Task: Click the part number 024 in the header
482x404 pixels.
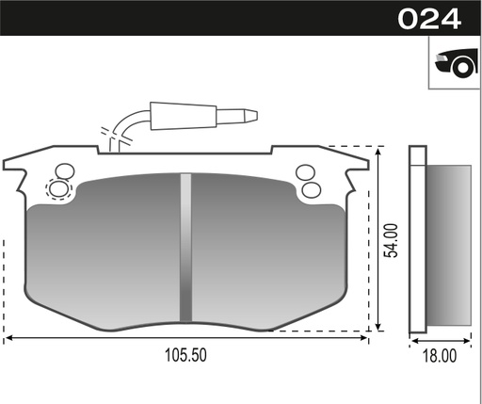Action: point(429,19)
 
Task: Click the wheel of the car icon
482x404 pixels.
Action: point(462,67)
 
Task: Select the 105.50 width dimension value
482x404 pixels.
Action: point(185,355)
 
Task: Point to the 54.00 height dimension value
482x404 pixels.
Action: point(392,240)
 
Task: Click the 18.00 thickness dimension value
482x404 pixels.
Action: point(440,356)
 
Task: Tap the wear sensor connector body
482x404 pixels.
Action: point(184,116)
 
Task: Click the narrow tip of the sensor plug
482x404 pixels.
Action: point(251,116)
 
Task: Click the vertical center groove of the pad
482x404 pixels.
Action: point(185,248)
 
